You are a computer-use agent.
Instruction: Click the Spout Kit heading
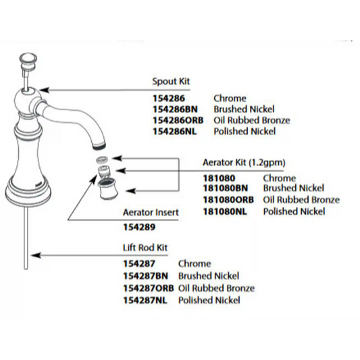coord(171,82)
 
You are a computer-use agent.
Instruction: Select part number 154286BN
coord(175,109)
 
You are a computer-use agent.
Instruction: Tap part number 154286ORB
coord(178,120)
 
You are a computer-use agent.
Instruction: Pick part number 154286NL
coord(175,131)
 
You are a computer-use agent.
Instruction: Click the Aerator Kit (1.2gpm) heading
coord(244,163)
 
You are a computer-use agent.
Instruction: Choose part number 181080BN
coord(226,188)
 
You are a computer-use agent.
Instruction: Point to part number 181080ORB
coord(228,200)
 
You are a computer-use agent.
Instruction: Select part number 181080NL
coord(225,211)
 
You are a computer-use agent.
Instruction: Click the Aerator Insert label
coord(151,212)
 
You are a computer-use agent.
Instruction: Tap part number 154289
coord(139,228)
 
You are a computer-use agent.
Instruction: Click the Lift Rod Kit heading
coord(145,248)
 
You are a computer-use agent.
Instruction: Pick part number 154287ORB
coord(149,288)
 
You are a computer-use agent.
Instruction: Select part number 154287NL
coord(145,301)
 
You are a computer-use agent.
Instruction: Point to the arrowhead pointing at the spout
coord(44,90)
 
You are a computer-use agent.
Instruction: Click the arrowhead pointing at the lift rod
coord(36,255)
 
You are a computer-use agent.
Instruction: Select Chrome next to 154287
coord(195,264)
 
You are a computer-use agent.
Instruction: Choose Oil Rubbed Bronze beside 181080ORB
coord(301,200)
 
